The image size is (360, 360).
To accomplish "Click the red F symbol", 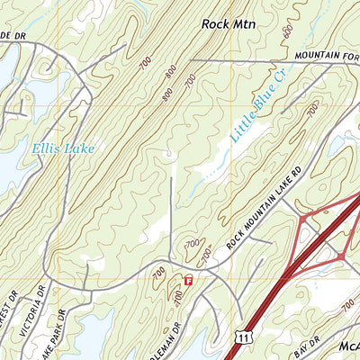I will (x=188, y=281).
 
